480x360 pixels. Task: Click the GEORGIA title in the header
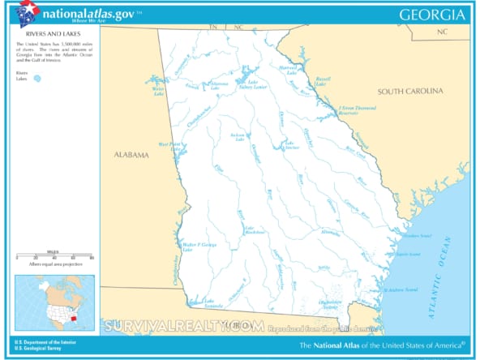tap(433, 15)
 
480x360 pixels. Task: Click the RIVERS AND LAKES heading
tap(35, 45)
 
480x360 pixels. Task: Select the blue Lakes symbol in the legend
tap(36, 79)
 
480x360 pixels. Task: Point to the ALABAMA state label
tap(131, 155)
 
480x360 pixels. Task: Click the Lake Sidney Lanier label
tap(258, 85)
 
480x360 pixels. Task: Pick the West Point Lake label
tap(169, 147)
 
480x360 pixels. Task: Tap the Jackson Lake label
tap(238, 137)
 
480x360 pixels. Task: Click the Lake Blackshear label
tap(255, 230)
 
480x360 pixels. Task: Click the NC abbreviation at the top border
tap(238, 28)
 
